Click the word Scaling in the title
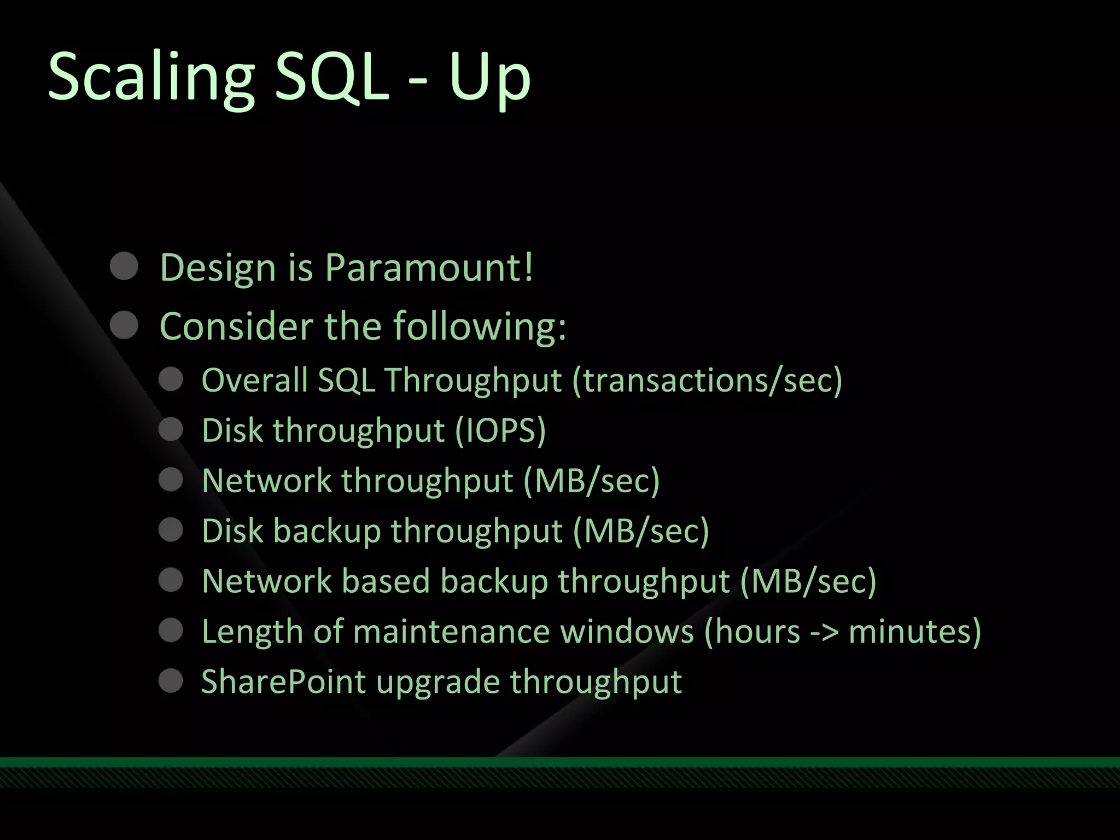click(151, 77)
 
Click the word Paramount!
click(429, 268)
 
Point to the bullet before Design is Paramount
click(124, 267)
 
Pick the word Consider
click(237, 326)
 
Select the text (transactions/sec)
click(707, 380)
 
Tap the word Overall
click(254, 380)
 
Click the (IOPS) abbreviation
click(500, 430)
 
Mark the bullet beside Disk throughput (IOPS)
click(171, 429)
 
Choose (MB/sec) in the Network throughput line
click(591, 481)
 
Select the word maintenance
click(451, 632)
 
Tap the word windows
click(627, 632)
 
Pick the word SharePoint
click(283, 682)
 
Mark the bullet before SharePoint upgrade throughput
click(171, 681)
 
